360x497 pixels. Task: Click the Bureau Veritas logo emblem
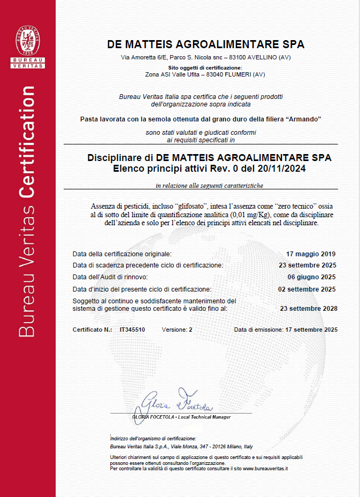(x=28, y=42)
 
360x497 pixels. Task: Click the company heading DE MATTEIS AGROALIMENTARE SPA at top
(x=206, y=44)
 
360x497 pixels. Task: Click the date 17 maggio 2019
(x=311, y=254)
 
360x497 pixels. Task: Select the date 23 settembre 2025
(x=308, y=265)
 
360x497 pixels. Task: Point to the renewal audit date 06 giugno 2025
(x=311, y=277)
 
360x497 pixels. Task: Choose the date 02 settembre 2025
(x=308, y=289)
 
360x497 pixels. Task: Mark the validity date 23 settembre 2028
(x=309, y=309)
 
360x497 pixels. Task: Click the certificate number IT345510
(x=132, y=330)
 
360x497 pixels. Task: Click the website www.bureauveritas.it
(x=265, y=469)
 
